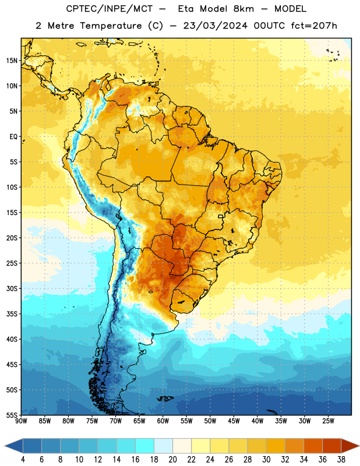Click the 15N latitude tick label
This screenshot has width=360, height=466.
click(x=12, y=61)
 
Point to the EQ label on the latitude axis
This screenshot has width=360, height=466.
click(x=13, y=137)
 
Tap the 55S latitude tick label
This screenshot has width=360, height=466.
click(x=12, y=415)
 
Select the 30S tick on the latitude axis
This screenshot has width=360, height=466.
click(x=12, y=288)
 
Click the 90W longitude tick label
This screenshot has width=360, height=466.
click(x=21, y=421)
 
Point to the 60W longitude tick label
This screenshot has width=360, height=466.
click(x=163, y=421)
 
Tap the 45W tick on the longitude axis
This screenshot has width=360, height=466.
click(x=234, y=421)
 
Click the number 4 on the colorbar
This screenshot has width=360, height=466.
click(x=23, y=460)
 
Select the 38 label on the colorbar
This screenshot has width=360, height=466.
click(x=341, y=460)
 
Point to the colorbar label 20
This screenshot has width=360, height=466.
click(x=172, y=460)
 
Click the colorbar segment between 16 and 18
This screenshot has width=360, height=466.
click(x=145, y=446)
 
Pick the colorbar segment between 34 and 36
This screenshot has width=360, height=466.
click(x=313, y=446)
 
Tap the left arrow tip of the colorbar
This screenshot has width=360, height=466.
click(x=5, y=446)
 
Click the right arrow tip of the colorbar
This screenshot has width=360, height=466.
click(x=359, y=446)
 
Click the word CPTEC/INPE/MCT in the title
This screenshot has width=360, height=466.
click(x=109, y=9)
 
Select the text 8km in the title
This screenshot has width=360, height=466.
click(x=243, y=9)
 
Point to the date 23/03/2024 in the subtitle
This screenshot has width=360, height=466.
click(x=215, y=26)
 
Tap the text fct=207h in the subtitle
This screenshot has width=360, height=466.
click(x=314, y=26)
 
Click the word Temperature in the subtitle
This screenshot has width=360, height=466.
click(x=111, y=26)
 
